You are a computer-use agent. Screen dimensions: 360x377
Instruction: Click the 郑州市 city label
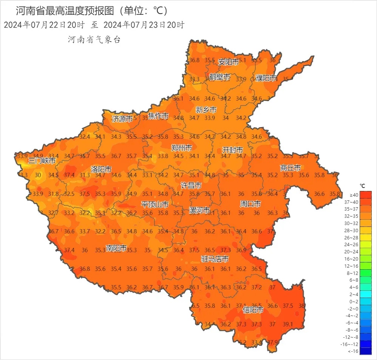point(181,147)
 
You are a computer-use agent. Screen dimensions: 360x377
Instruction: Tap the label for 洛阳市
point(101,169)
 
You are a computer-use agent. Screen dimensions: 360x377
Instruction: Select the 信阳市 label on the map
point(253,310)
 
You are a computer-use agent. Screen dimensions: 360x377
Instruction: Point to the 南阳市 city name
point(116,248)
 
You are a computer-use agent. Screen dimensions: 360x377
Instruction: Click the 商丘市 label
point(290,168)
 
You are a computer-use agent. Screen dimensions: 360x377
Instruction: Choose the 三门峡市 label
point(42,161)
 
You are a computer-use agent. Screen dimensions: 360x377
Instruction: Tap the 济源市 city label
point(122,119)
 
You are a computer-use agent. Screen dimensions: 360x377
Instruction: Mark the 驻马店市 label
point(215,259)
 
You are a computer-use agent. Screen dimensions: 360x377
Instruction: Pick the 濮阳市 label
point(266,78)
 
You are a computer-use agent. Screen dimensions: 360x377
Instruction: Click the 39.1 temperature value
point(288,324)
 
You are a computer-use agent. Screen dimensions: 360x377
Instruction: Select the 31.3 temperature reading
point(85,175)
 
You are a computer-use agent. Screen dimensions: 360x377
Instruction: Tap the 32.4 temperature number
point(85,137)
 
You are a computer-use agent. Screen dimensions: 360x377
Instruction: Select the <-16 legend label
point(353,352)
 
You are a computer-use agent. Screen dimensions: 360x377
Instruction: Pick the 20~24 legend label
point(353,252)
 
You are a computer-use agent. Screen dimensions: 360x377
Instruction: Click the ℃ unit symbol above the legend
point(362,186)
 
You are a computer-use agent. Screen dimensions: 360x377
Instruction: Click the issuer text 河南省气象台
point(94,40)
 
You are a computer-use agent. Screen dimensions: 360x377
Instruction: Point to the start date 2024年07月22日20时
point(44,25)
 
